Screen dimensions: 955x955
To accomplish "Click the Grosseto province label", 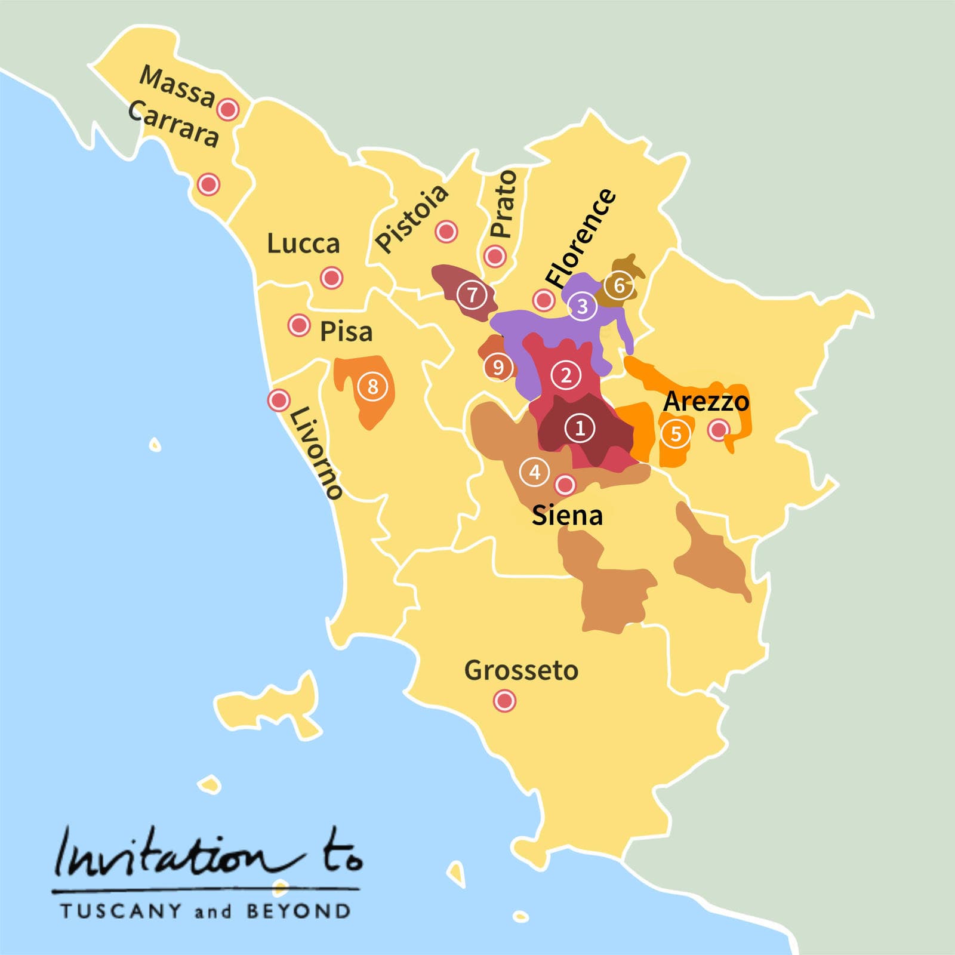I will click(x=521, y=670).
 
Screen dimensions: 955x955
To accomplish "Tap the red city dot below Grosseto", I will click(x=505, y=701).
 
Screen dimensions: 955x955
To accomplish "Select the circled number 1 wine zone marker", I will click(x=580, y=428).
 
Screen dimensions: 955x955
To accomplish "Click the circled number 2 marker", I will click(x=566, y=375).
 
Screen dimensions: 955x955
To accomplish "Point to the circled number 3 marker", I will click(x=582, y=306).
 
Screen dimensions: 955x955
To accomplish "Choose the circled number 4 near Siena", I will click(x=535, y=472).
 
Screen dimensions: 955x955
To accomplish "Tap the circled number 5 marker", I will click(x=676, y=434).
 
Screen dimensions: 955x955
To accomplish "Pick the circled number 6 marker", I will click(x=619, y=285).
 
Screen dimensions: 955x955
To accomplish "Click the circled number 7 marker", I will click(x=472, y=294).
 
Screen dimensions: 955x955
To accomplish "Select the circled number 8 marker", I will click(x=372, y=387).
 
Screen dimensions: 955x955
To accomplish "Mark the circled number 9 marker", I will click(x=498, y=367).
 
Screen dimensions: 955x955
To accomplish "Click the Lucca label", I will click(x=303, y=244).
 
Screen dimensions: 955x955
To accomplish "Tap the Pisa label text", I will click(x=346, y=332).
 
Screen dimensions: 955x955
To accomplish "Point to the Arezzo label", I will click(x=706, y=401).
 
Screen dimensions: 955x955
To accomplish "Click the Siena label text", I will click(x=567, y=516).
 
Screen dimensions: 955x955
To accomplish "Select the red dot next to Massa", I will click(x=228, y=110).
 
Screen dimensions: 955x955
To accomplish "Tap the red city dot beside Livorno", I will click(x=279, y=400).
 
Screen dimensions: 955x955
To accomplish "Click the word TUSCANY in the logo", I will click(x=113, y=911).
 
